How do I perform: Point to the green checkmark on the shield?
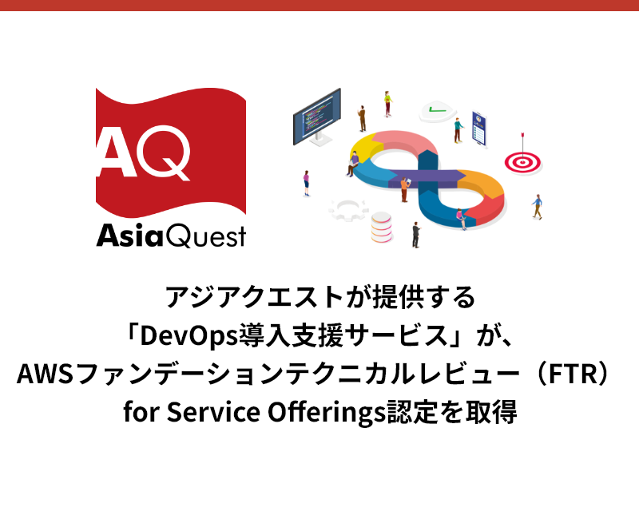point(435,109)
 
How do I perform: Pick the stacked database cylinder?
point(381,228)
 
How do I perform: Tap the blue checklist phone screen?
point(479,128)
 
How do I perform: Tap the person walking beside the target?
point(538,206)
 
